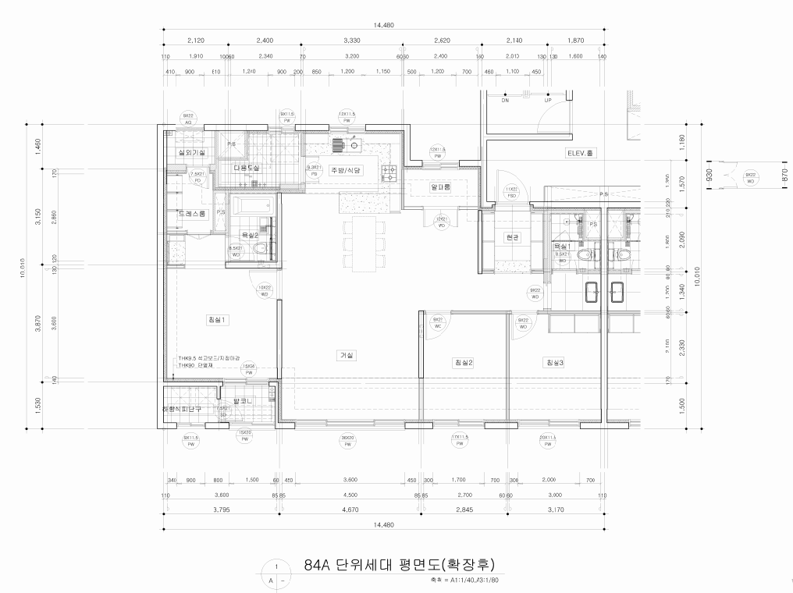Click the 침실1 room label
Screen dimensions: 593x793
pyautogui.click(x=216, y=319)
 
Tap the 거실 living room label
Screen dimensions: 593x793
pyautogui.click(x=346, y=355)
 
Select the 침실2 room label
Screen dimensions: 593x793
pyautogui.click(x=464, y=362)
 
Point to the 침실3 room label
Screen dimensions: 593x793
pyautogui.click(x=555, y=362)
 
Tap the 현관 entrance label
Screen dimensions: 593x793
pyautogui.click(x=512, y=237)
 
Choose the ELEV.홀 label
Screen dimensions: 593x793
pyautogui.click(x=581, y=154)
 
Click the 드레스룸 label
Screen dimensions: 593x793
pyautogui.click(x=191, y=213)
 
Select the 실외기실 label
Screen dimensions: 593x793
pyautogui.click(x=191, y=152)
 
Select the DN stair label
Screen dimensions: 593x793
pyautogui.click(x=505, y=100)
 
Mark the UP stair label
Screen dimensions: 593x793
pyautogui.click(x=548, y=100)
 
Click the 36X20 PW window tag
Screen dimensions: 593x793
pyautogui.click(x=347, y=441)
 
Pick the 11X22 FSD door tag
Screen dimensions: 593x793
pyautogui.click(x=512, y=192)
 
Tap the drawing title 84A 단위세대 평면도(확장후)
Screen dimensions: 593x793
pyautogui.click(x=396, y=565)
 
